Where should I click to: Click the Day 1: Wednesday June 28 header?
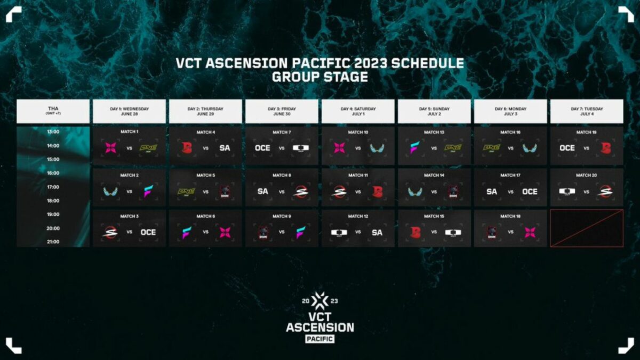(130, 111)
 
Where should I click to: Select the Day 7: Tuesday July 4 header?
(586, 111)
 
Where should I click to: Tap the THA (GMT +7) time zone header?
(53, 111)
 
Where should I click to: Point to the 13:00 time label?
(53, 132)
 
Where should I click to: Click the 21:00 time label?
(53, 242)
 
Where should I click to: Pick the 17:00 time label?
(53, 187)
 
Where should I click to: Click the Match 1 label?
(129, 132)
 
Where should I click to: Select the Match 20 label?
(586, 175)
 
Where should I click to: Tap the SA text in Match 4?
(225, 148)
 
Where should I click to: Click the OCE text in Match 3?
(148, 232)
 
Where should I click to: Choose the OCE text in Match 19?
(567, 148)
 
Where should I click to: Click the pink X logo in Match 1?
(111, 148)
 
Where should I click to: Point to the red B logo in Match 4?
(187, 148)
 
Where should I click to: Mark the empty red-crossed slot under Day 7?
(586, 228)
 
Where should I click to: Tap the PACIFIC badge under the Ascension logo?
(320, 338)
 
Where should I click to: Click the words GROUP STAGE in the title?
(320, 77)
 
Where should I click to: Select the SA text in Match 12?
(377, 232)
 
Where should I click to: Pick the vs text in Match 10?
(358, 148)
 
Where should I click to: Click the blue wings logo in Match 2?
(111, 190)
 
